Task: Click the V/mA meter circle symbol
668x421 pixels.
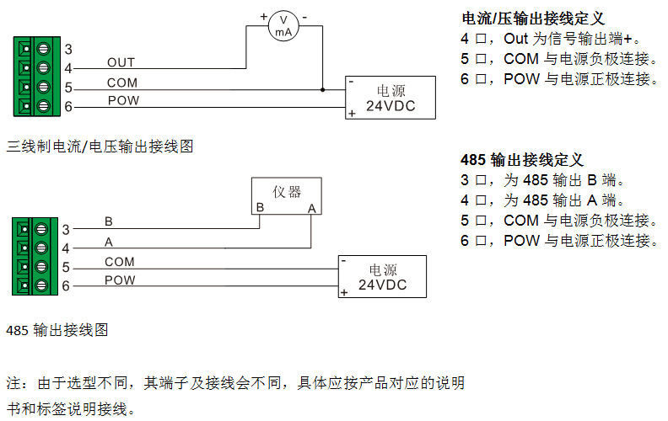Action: pos(285,27)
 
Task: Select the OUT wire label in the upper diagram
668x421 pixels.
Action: pos(121,63)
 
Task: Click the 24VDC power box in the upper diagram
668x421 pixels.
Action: pos(391,98)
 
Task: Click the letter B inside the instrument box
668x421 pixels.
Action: pos(261,208)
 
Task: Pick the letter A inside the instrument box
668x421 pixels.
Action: pos(311,208)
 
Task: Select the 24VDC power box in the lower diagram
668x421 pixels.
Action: pos(382,277)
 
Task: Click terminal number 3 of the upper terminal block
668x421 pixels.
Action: pos(67,50)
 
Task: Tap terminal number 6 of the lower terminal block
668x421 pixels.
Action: pos(65,287)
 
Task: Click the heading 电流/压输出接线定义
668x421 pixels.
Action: pos(533,19)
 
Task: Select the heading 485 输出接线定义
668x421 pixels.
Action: pos(522,160)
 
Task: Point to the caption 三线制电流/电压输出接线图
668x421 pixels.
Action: pos(100,147)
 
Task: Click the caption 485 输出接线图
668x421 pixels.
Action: pos(57,331)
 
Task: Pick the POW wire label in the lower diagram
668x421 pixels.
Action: pos(120,280)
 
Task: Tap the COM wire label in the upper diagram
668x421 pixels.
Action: pos(122,83)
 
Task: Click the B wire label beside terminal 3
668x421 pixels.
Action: pos(109,221)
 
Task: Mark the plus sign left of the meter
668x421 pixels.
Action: pos(263,16)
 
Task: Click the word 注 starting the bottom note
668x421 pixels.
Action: pos(13,383)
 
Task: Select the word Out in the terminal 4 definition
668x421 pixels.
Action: pos(515,39)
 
